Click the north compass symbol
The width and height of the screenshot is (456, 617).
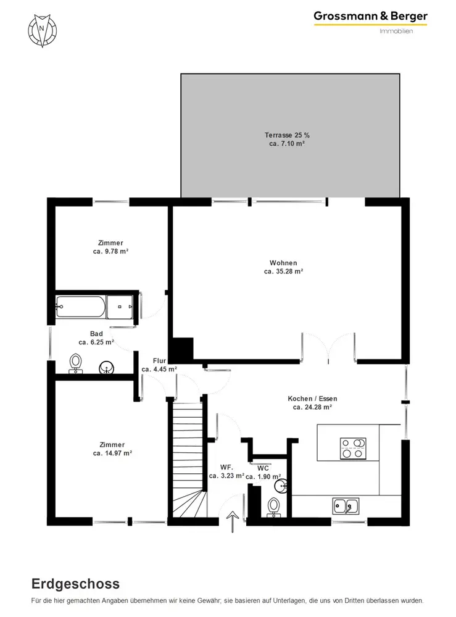(42, 30)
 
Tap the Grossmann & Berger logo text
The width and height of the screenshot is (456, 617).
(370, 17)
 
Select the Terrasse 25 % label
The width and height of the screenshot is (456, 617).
(287, 135)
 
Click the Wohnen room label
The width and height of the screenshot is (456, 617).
(283, 263)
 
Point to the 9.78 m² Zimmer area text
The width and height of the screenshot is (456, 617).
(110, 252)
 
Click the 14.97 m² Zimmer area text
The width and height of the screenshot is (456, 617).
(112, 453)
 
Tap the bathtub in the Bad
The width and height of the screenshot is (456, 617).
(81, 307)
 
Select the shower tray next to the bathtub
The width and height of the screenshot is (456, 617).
(120, 307)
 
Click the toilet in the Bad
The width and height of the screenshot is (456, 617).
(75, 363)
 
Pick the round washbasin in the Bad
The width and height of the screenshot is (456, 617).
(106, 368)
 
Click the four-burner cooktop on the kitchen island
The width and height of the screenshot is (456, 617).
(354, 448)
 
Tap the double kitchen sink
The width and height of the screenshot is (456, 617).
(346, 506)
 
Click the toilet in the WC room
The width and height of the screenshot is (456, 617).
(273, 507)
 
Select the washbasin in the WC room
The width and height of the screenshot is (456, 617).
(281, 486)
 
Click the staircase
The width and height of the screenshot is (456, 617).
(189, 460)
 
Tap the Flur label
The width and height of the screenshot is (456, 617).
(159, 361)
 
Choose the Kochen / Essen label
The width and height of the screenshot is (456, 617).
(312, 399)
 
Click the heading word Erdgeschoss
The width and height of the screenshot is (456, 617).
(75, 584)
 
